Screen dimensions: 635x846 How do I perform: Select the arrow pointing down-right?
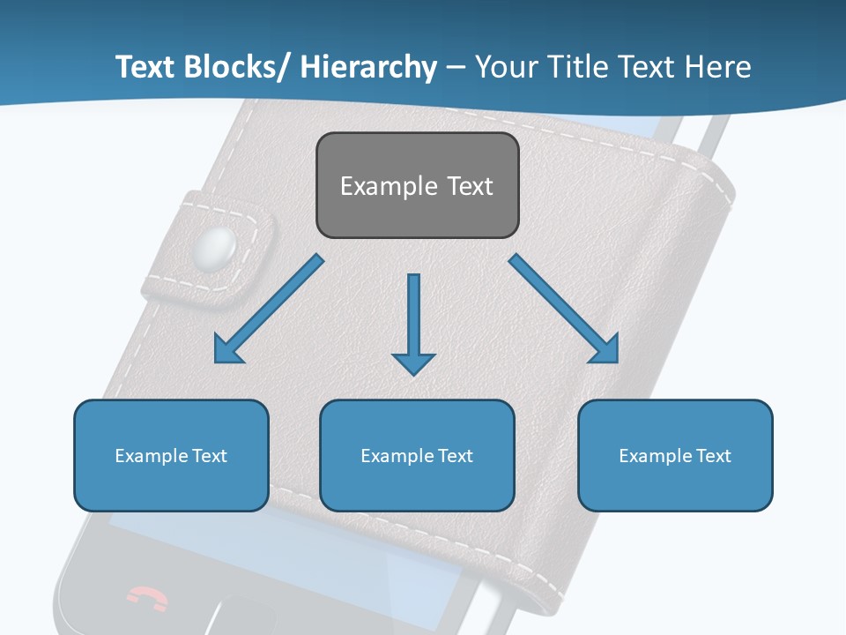pos(565,310)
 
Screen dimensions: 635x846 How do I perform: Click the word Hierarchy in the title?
pos(368,67)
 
